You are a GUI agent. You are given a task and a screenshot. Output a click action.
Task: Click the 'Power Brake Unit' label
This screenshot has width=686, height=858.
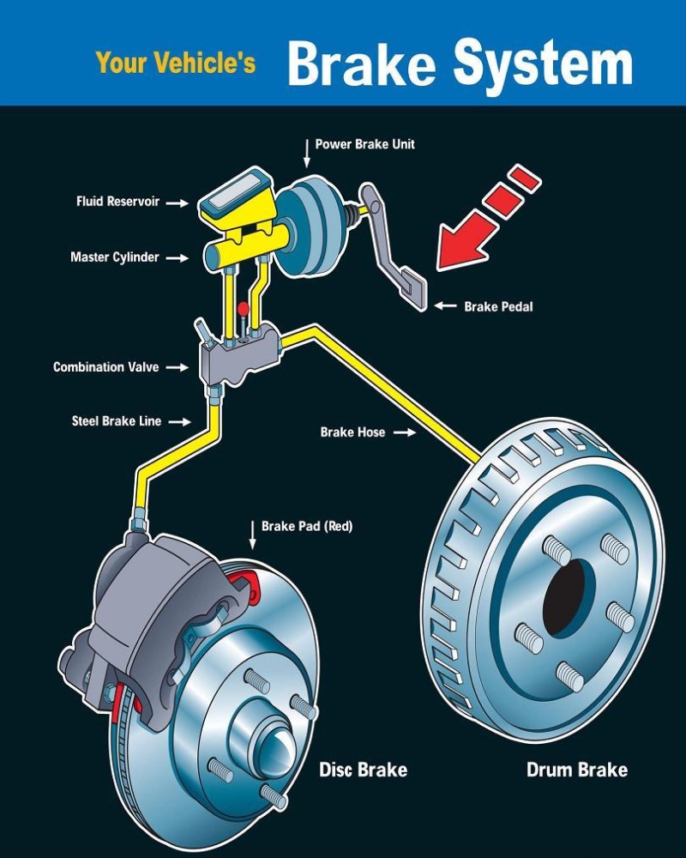coord(364,144)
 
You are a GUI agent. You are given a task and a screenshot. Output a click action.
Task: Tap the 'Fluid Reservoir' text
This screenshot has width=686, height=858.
coord(117,202)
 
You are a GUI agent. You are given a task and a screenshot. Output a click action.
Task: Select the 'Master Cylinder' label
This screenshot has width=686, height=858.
coord(115,257)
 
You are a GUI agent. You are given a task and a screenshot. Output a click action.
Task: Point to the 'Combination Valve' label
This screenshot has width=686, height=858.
coord(106,367)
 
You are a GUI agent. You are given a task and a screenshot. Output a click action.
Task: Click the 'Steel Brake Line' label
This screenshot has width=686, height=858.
coord(117,421)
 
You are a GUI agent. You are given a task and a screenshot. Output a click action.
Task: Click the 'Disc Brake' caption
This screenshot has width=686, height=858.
coord(363,769)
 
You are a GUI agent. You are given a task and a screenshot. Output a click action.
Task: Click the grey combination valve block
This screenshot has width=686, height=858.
coord(238,353)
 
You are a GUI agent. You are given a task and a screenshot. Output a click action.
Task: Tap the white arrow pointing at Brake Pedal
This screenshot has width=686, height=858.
coord(445,305)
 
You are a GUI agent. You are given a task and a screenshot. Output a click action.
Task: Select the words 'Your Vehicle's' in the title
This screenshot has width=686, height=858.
coord(176,62)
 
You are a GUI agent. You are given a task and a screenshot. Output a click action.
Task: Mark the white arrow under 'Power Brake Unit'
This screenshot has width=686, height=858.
coord(306,154)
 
